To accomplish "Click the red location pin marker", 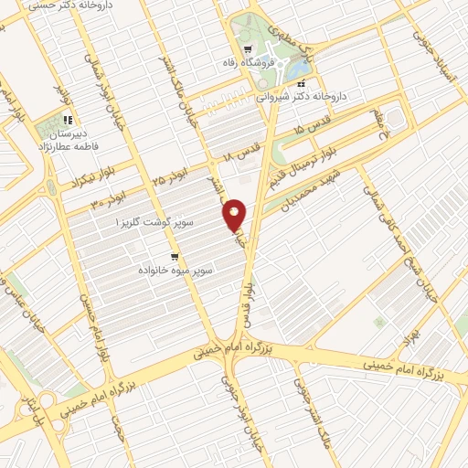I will [235, 215].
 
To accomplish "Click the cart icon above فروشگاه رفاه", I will [248, 49].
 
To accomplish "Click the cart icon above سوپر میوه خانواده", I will [174, 256].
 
